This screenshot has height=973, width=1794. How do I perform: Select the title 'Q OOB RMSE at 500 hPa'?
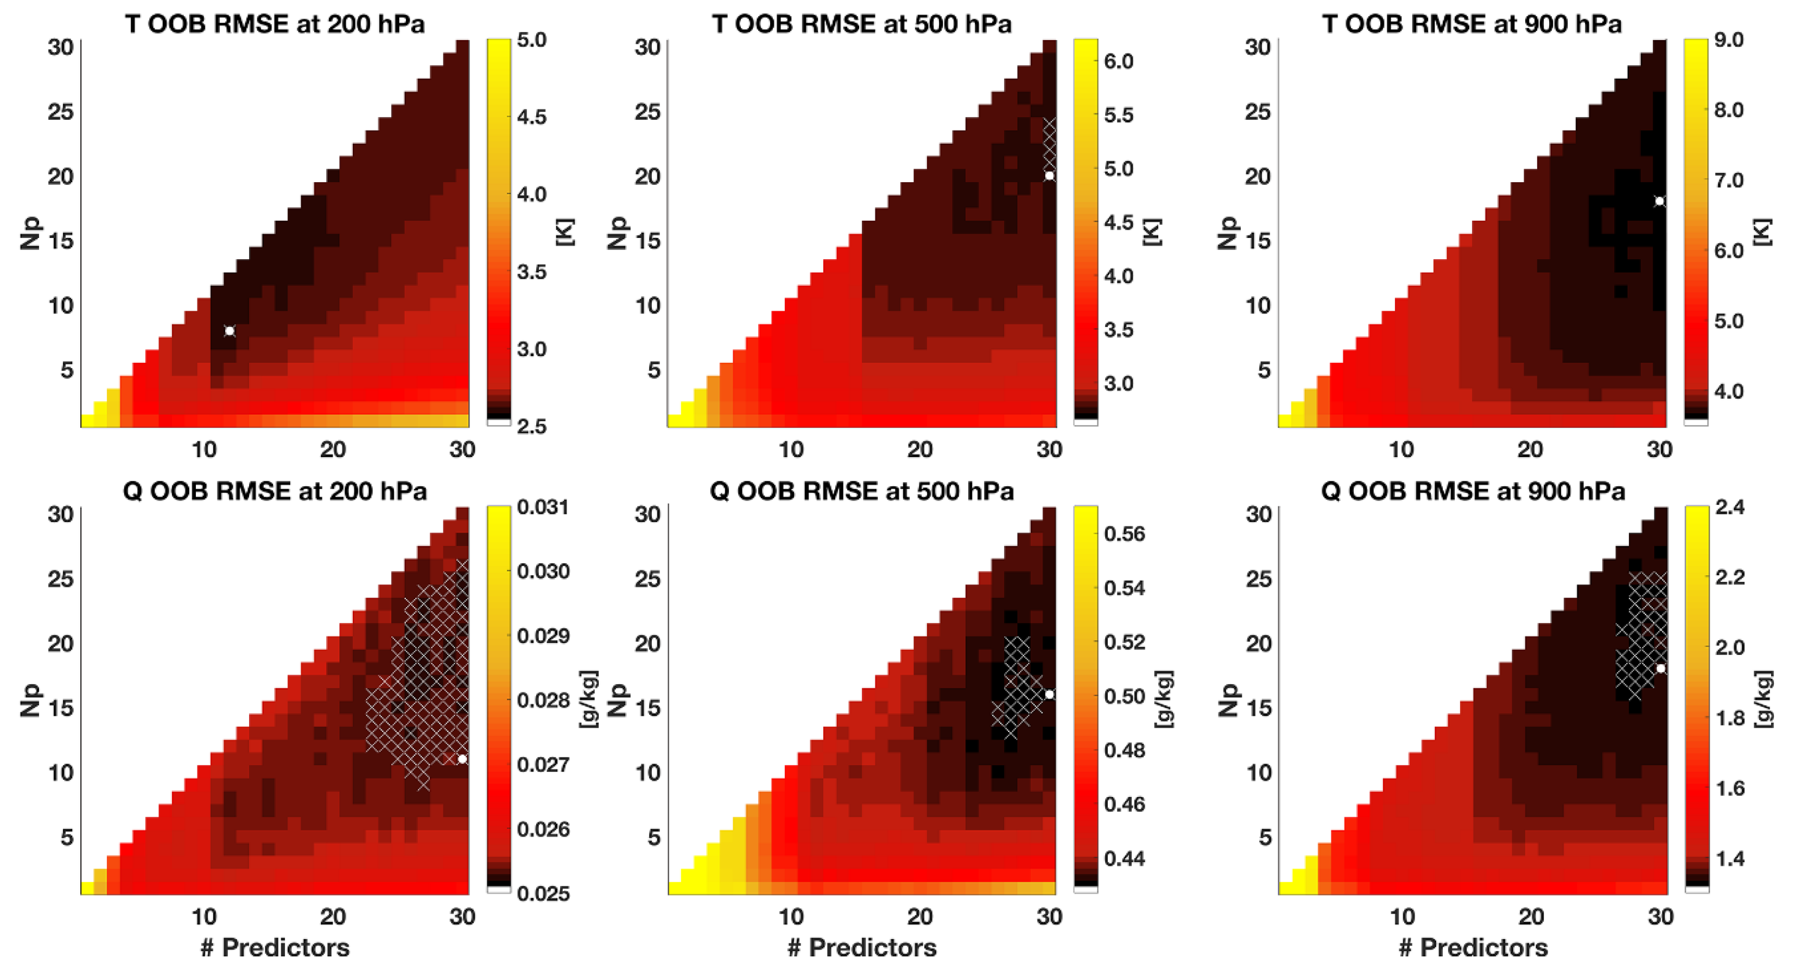click(x=861, y=491)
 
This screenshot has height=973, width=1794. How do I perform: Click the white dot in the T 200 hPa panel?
click(x=229, y=331)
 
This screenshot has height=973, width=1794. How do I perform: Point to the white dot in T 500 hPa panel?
click(x=1049, y=175)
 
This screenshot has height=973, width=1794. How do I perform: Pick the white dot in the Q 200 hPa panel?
click(x=462, y=759)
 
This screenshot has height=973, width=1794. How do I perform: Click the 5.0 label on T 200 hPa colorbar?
click(x=531, y=40)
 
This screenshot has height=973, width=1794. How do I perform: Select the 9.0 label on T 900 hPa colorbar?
click(x=1728, y=40)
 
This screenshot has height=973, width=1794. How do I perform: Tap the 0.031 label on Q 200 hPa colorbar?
click(x=543, y=507)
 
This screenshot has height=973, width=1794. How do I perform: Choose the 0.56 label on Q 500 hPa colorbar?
click(x=1124, y=534)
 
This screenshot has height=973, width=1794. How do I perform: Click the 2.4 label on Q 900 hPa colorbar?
click(x=1730, y=507)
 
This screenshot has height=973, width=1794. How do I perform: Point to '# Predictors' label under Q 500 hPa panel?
click(x=861, y=947)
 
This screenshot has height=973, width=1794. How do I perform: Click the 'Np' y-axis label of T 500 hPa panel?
click(x=617, y=233)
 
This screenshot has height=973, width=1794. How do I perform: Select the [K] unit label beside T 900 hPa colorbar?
click(x=1762, y=232)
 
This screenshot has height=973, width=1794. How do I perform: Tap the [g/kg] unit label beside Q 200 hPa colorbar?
click(x=588, y=700)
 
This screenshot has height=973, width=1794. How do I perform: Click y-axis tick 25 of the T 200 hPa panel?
click(x=60, y=111)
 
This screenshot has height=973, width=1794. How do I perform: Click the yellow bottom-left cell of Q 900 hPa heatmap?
click(x=1285, y=888)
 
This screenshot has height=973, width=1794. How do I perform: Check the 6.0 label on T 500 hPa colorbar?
click(x=1119, y=61)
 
